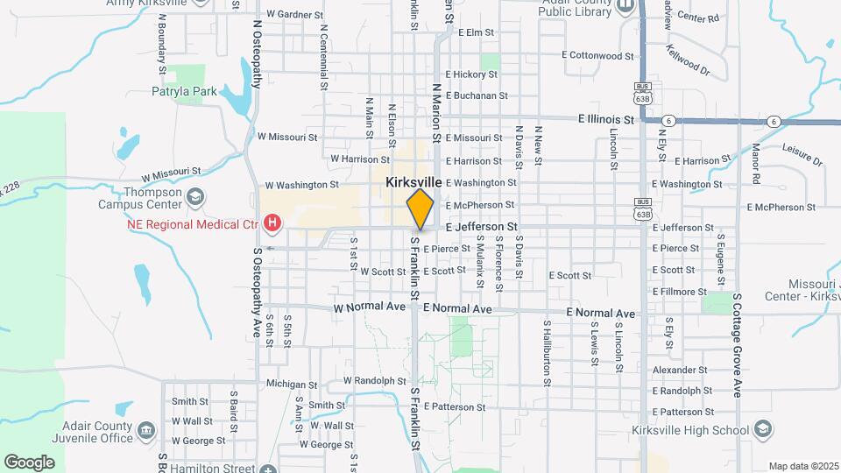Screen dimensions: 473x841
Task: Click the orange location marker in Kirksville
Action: coord(420,208)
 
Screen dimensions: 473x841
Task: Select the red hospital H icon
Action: coord(272,223)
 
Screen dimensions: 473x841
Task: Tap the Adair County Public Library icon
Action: coord(624,7)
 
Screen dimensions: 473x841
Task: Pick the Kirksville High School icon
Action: coord(763,429)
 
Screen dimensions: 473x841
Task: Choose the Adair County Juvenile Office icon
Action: coord(146,430)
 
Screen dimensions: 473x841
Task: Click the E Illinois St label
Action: coord(605,119)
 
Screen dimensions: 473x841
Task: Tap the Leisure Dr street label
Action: coord(802,155)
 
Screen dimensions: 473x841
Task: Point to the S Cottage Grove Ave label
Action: coord(738,345)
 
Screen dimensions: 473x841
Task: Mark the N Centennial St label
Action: coord(323,57)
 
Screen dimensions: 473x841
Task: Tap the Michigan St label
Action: coord(291,385)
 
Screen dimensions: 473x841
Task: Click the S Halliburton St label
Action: coord(546,352)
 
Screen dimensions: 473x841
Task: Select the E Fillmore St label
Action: coord(679,292)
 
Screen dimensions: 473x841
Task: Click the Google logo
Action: coord(29,462)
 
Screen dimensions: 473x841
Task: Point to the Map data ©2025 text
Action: coord(802,466)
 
